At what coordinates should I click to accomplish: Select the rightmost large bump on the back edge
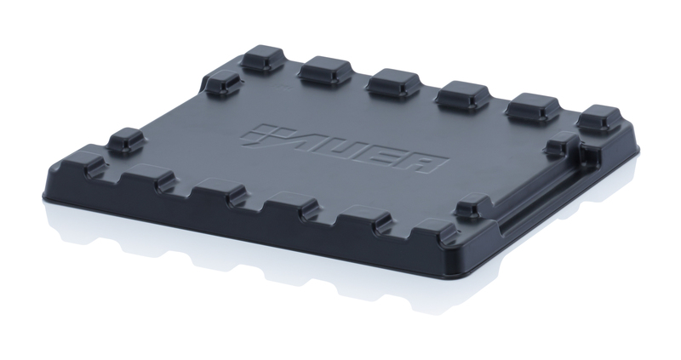coord(599,117)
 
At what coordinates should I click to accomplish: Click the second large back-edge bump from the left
coord(325,70)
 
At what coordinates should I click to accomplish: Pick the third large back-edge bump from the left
coord(393,82)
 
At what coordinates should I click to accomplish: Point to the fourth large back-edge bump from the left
coord(462,94)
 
